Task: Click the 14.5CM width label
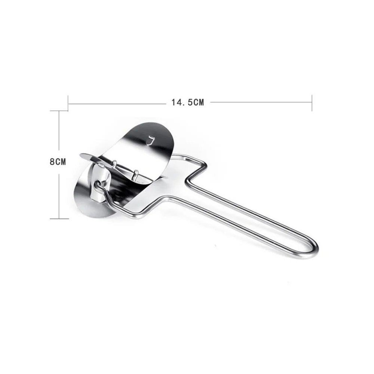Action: point(188,102)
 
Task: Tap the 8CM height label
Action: point(58,162)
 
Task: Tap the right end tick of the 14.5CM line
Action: point(312,103)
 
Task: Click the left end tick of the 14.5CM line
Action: point(68,103)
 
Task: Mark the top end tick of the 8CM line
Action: point(59,111)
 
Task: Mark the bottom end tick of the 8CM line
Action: point(59,218)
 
